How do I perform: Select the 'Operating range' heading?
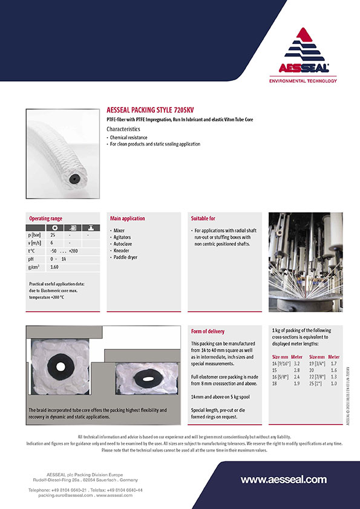tap(46, 218)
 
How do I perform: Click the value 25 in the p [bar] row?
tap(53, 234)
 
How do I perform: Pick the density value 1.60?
tap(54, 267)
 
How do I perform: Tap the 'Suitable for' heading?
tap(203, 218)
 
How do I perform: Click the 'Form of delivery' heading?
tap(208, 331)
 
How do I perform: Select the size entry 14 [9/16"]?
tap(282, 363)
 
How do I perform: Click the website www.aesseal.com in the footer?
tap(283, 480)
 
